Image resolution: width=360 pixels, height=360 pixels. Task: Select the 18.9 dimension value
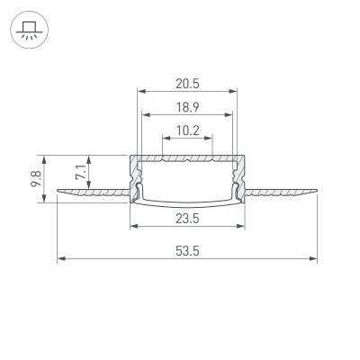pos(187,106)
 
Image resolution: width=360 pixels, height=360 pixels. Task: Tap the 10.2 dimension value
pos(187,130)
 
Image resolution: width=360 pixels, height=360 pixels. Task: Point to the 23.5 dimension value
pos(187,217)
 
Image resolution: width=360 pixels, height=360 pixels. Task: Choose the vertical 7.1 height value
pos(81,173)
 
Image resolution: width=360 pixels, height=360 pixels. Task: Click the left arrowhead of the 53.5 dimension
pos(60,259)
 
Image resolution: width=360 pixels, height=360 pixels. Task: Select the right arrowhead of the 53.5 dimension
pos(315,259)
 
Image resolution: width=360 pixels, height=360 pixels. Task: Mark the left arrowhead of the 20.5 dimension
pos(139,91)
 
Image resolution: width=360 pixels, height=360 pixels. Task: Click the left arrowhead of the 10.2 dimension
pos(165,138)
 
